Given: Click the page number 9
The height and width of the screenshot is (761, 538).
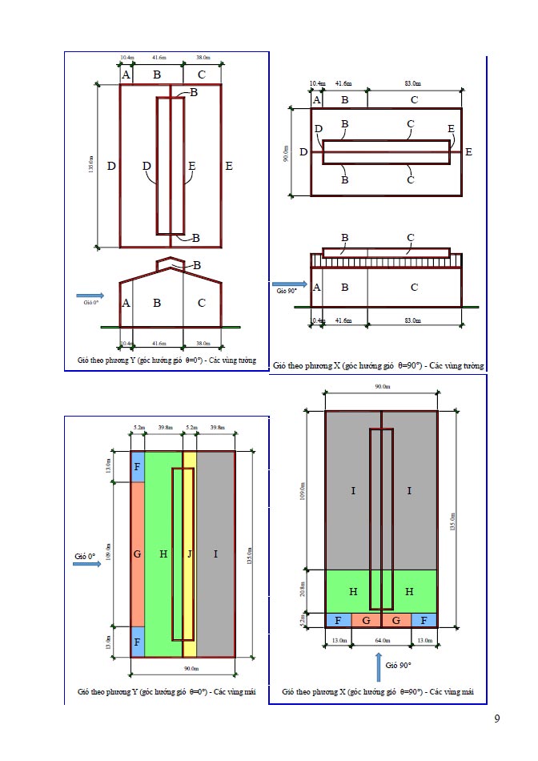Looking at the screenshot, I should (497, 718).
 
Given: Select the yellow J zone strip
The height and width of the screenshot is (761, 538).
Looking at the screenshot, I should (190, 553).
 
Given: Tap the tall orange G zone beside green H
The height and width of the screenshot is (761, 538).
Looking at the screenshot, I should (138, 554).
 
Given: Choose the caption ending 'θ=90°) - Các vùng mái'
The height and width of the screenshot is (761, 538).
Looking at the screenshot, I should (378, 691).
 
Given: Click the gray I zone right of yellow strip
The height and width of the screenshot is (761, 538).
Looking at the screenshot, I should (215, 554).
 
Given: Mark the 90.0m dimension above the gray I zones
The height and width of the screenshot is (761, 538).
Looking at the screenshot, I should (382, 387).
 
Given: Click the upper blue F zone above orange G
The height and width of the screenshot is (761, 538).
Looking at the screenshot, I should (138, 467).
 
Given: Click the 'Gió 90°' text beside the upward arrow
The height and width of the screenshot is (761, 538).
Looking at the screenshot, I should (398, 666).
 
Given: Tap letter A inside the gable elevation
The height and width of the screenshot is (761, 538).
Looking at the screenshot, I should (126, 303).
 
